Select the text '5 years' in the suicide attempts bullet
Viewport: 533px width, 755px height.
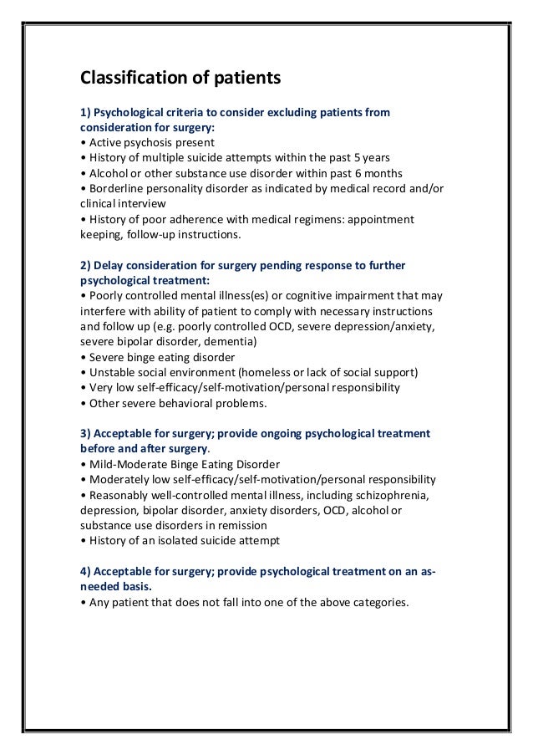[372, 157]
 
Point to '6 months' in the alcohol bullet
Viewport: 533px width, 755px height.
[366, 172]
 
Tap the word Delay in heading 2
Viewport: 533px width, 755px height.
[109, 265]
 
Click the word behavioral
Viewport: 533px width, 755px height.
[190, 403]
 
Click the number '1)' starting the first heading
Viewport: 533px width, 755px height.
[85, 112]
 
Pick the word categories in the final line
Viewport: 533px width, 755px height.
[380, 602]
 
